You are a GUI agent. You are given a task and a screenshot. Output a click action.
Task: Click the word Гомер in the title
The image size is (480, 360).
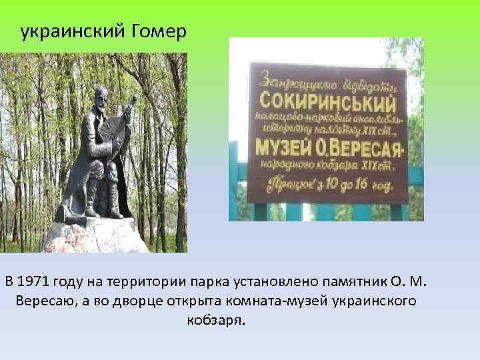click(x=156, y=32)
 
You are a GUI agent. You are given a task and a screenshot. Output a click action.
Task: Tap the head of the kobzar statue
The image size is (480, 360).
click(x=100, y=96)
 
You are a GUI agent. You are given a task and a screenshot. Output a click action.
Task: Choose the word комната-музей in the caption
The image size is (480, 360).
click(x=279, y=301)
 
